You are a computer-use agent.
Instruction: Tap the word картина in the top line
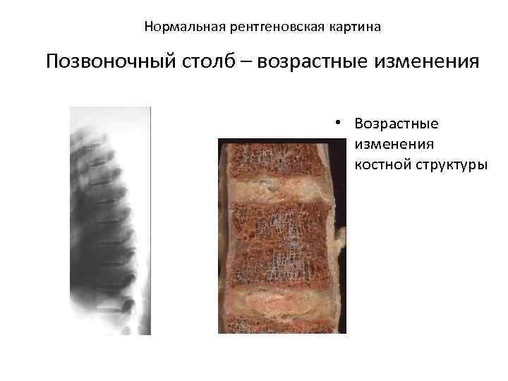[x=356, y=28]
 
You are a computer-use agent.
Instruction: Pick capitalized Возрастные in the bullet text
[x=397, y=124]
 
